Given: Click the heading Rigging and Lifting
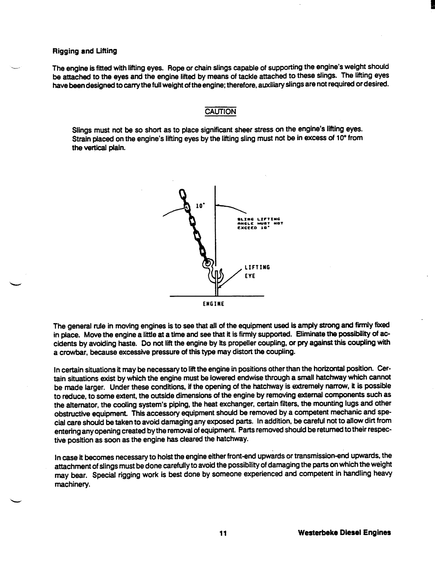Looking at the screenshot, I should click(x=85, y=51).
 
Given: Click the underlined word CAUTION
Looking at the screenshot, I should click(x=220, y=111).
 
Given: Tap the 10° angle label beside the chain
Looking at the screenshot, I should click(x=200, y=206).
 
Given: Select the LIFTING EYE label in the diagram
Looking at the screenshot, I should click(x=257, y=272).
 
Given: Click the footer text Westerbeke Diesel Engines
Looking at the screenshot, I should click(x=344, y=533).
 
